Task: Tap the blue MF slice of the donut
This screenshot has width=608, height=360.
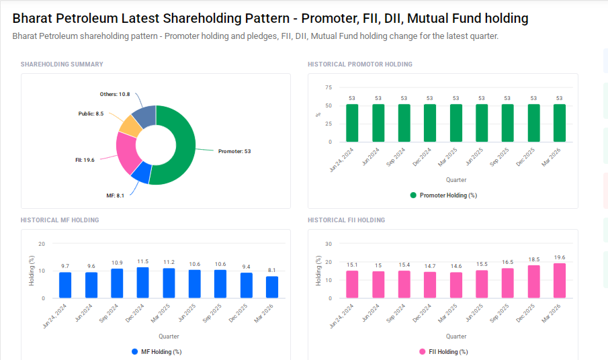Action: pyautogui.click(x=141, y=174)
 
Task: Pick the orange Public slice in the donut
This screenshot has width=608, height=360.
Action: pyautogui.click(x=130, y=125)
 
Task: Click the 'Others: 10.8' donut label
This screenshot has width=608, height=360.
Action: pyautogui.click(x=115, y=94)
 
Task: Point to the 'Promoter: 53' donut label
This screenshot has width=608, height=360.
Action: pyautogui.click(x=234, y=151)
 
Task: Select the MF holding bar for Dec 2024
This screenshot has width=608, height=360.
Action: pyautogui.click(x=142, y=283)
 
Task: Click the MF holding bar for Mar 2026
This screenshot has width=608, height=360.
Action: pyautogui.click(x=271, y=287)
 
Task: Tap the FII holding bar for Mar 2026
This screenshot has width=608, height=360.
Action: pyautogui.click(x=559, y=281)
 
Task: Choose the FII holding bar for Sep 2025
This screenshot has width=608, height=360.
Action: pyautogui.click(x=507, y=283)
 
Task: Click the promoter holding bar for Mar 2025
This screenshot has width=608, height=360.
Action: pyautogui.click(x=455, y=123)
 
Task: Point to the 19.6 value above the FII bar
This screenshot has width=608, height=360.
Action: pyautogui.click(x=559, y=257)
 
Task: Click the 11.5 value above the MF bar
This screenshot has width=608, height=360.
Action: pyautogui.click(x=142, y=261)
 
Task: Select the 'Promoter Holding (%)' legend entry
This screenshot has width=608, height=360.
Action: pyautogui.click(x=443, y=195)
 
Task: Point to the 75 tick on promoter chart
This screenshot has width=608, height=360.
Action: pyautogui.click(x=328, y=87)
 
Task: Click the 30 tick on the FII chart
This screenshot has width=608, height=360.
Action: pyautogui.click(x=328, y=244)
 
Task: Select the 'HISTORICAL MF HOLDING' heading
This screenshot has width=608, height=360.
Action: pyautogui.click(x=60, y=220)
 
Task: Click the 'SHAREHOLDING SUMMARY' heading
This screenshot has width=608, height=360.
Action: pyautogui.click(x=62, y=64)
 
